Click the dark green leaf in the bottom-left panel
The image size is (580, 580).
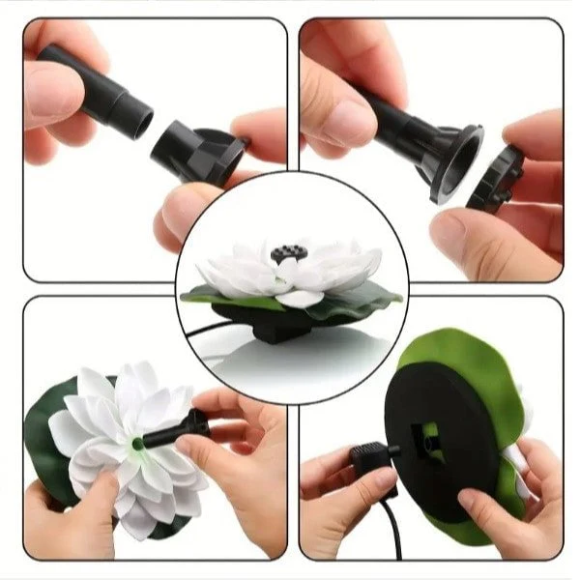pos(48,425)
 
